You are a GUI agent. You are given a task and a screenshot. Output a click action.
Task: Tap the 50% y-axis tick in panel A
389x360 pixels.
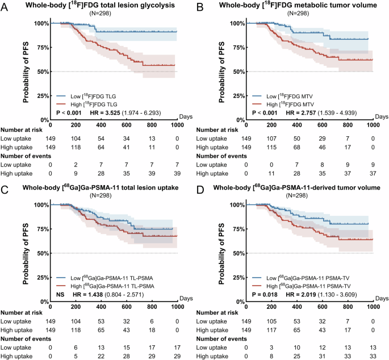(x=39, y=72)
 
